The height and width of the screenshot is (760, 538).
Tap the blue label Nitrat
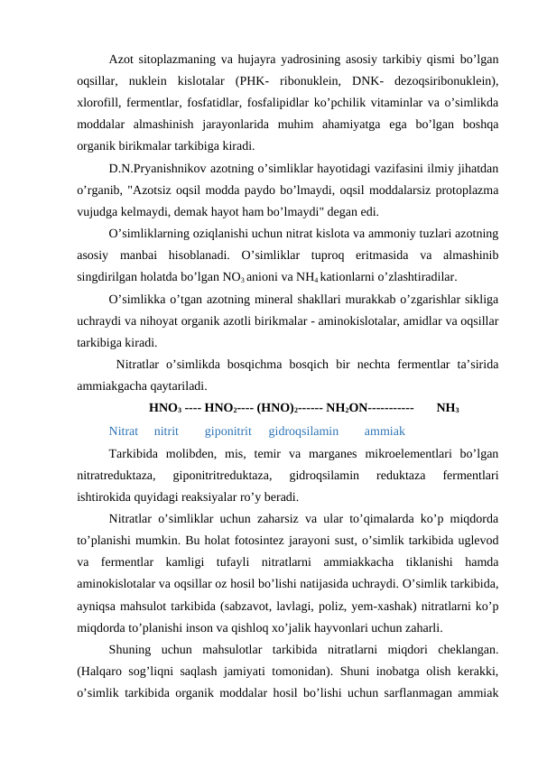click(x=123, y=405)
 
